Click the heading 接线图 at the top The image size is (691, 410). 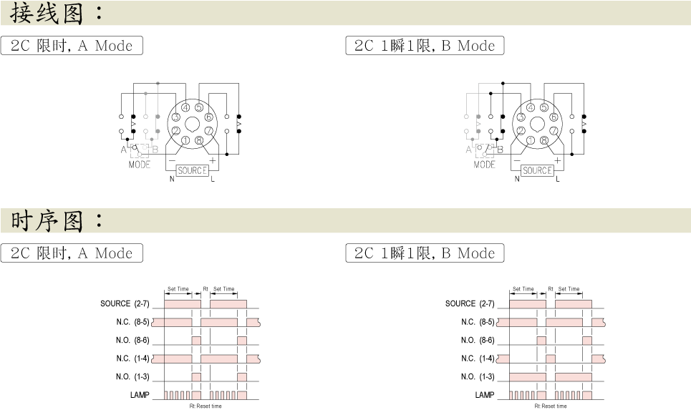tap(47, 13)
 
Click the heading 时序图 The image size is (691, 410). tap(47, 220)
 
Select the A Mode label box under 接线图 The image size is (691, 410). tap(72, 45)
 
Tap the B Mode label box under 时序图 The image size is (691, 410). tap(425, 253)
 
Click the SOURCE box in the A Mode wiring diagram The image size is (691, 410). tap(192, 170)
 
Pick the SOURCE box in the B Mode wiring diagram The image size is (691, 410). tap(537, 170)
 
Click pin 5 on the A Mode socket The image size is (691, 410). tap(199, 107)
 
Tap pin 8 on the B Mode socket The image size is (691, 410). tap(543, 140)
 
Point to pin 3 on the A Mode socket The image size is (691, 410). tap(176, 117)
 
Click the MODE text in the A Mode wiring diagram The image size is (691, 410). tap(139, 165)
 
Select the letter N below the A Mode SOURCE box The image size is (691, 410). tap(172, 179)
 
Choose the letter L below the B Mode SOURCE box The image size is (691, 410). tap(558, 179)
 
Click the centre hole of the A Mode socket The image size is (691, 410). tap(192, 125)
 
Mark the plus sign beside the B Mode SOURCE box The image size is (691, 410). tap(558, 161)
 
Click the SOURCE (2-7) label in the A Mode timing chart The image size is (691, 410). tap(125, 303)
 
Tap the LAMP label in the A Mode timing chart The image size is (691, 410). tap(140, 395)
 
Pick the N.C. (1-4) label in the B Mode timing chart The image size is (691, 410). tap(478, 358)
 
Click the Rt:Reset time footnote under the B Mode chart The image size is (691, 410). tap(551, 406)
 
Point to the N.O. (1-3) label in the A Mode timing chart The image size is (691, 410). tap(132, 376)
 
